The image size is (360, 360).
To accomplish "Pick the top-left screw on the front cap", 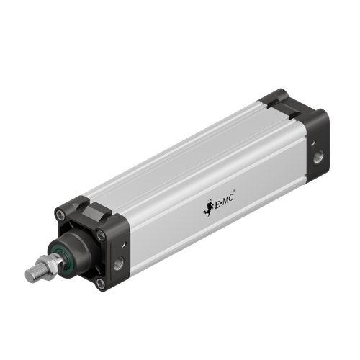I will [60, 212].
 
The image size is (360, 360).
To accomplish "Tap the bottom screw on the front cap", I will [100, 283].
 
